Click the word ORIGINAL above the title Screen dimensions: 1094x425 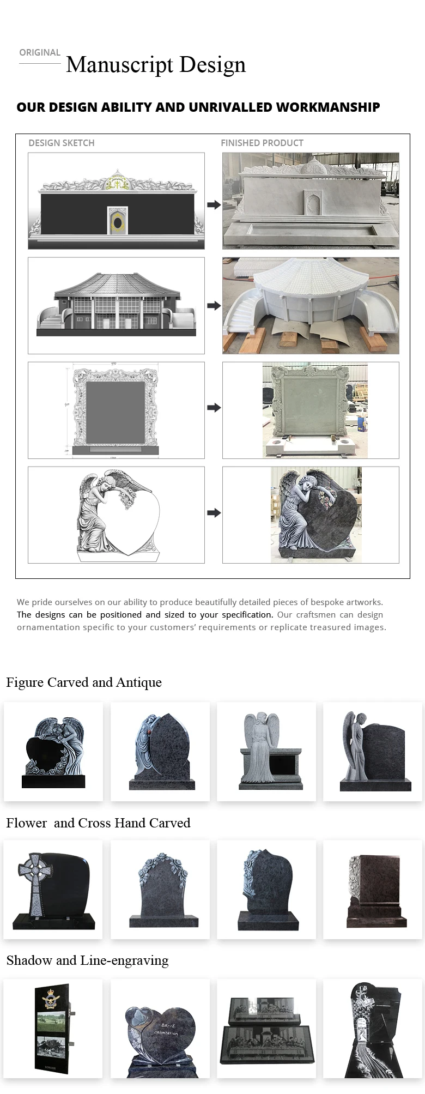click(x=40, y=52)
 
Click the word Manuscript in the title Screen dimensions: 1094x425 click(x=120, y=65)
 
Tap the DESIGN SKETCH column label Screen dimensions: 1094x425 click(x=62, y=143)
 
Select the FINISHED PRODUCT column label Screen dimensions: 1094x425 click(x=262, y=143)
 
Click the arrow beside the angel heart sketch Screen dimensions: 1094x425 click(x=214, y=513)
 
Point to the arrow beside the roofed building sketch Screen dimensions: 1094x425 click(x=214, y=306)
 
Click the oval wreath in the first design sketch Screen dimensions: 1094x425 click(x=117, y=220)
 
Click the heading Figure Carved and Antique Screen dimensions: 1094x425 click(x=84, y=682)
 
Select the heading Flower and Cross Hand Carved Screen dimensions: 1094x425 click(x=98, y=823)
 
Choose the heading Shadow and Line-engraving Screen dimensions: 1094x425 click(x=87, y=960)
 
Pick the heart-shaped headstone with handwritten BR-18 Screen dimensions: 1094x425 click(x=161, y=1030)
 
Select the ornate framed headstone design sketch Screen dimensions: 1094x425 click(x=116, y=410)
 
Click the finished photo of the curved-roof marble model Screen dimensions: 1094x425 click(x=311, y=306)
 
